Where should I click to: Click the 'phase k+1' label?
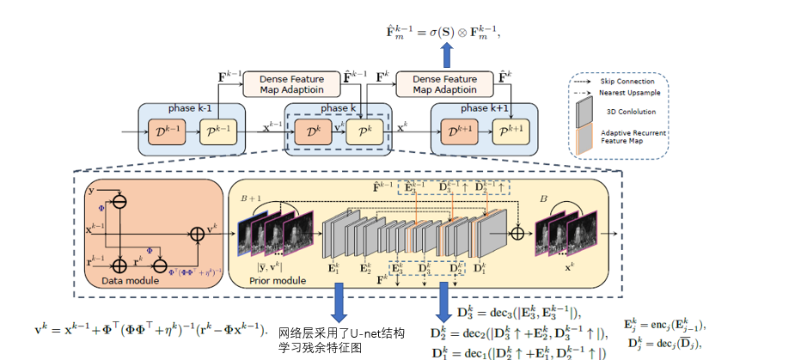(x=485, y=108)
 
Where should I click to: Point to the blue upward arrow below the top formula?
(x=447, y=55)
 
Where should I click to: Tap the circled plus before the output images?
(x=517, y=233)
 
